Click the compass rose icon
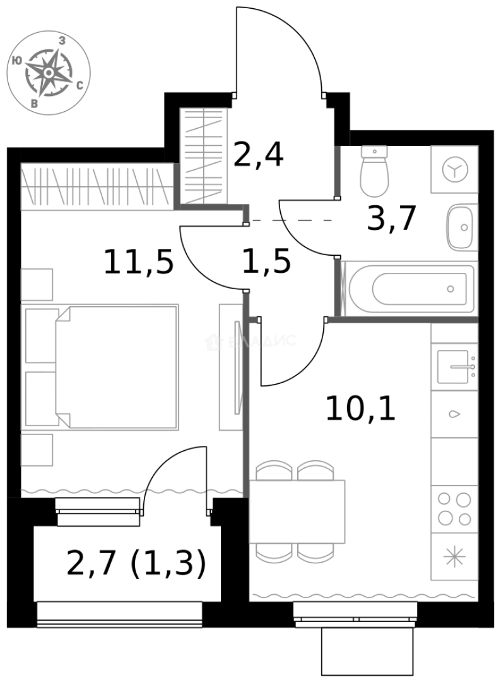(48, 73)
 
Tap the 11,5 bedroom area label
(138, 261)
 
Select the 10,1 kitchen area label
(360, 409)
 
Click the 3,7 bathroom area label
(392, 219)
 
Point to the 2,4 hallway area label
(258, 155)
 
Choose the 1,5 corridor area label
(266, 261)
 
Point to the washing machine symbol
(454, 170)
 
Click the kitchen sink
(454, 367)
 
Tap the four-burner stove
(454, 509)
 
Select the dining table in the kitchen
(297, 512)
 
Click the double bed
(117, 367)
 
